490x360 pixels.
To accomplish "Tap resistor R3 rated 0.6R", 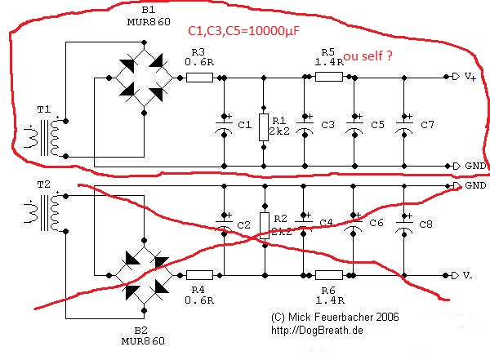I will (199, 78).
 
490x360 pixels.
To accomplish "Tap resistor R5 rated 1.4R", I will (329, 77).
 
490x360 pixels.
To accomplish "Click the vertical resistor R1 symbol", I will (263, 127).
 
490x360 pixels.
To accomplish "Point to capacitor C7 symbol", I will (404, 123).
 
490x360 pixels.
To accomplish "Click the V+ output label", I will (469, 77).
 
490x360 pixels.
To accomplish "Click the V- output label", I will (468, 276).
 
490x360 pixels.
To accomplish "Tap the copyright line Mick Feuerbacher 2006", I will (334, 316).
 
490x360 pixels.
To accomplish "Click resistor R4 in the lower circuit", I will (199, 275).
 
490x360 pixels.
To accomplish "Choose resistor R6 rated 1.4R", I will (329, 275).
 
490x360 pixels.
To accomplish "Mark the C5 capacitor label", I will (377, 124).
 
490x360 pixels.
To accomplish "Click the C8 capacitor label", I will (427, 223).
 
